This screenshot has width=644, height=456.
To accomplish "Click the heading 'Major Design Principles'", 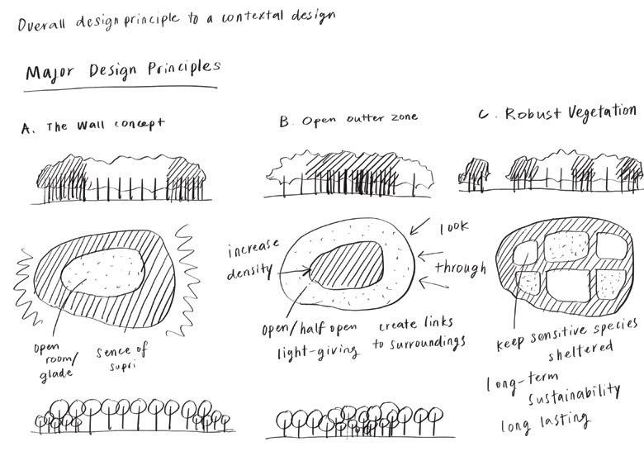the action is [x=123, y=70].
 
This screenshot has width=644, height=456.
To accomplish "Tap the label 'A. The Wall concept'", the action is [x=93, y=126].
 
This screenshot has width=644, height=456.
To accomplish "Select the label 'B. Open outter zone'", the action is [x=348, y=121].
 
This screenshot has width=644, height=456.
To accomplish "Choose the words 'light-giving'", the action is [x=318, y=351].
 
